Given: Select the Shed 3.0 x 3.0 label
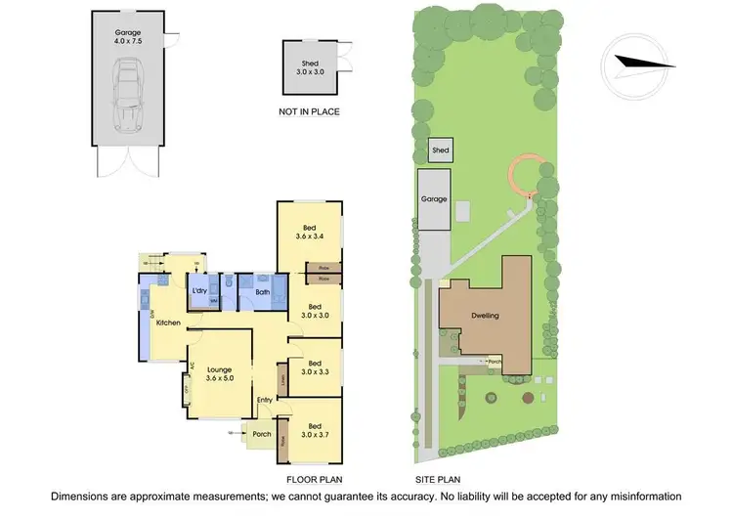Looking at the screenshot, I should click(x=310, y=66).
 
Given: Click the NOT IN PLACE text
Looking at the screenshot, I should click(x=310, y=111).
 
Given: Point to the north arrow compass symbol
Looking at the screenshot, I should click(x=641, y=64).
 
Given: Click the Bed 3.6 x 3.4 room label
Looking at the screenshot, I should click(x=311, y=230).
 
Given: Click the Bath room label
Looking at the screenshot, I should click(x=263, y=291).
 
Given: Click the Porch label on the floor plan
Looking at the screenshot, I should click(x=261, y=434).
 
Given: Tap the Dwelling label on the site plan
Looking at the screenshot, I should click(x=487, y=316).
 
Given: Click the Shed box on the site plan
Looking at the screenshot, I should click(x=441, y=151).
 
